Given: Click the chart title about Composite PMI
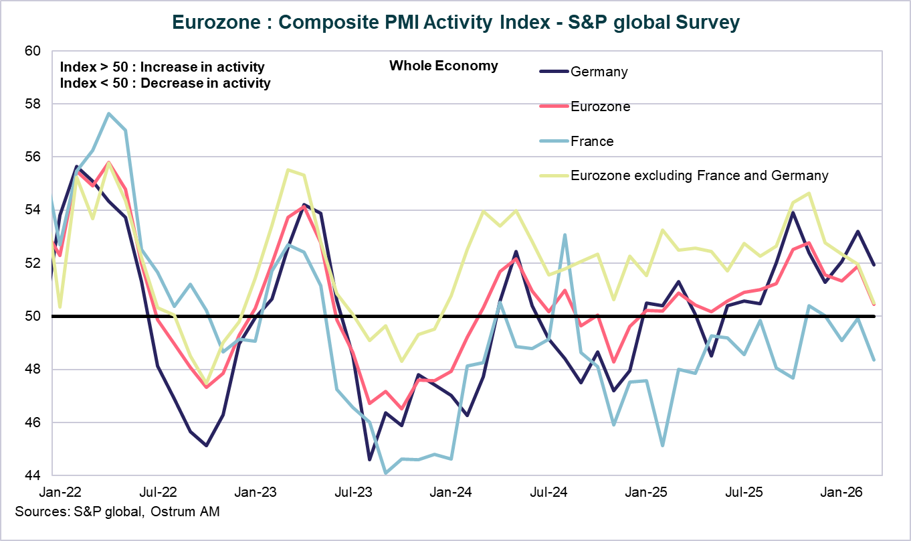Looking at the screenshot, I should tap(455, 22).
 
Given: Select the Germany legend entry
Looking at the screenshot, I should tap(599, 72).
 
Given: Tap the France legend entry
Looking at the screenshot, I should tap(592, 141).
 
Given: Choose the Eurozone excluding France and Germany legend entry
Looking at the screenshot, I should tap(699, 176).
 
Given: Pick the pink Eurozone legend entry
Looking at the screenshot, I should tap(600, 106).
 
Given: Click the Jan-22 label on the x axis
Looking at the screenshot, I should tap(62, 492).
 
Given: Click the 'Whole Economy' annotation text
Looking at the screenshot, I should tap(443, 66).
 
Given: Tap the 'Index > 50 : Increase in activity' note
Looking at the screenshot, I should tap(162, 68).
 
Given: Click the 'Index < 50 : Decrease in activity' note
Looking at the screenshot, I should tap(165, 84).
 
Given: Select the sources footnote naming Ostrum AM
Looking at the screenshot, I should tap(117, 512).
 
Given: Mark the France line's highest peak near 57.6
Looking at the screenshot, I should tap(109, 113).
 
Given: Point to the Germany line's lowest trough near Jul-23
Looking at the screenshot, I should tap(369, 460).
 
